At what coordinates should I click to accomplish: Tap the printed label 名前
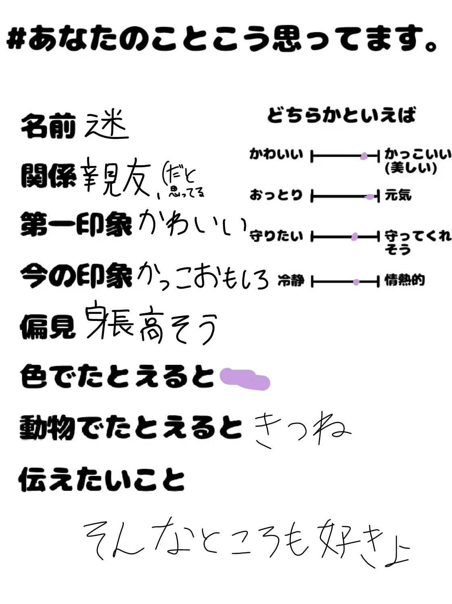point(48,126)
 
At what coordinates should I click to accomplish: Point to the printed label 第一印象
point(76,224)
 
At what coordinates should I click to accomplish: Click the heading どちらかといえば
point(341,115)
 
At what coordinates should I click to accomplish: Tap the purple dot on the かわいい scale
point(364,156)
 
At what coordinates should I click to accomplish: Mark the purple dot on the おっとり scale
point(369,197)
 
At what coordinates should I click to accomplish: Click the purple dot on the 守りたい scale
point(354,237)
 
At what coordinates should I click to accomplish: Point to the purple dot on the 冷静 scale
point(356,282)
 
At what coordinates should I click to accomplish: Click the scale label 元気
point(398,195)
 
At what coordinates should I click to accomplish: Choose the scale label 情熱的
point(404,280)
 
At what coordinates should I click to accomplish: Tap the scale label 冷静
point(291,280)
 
